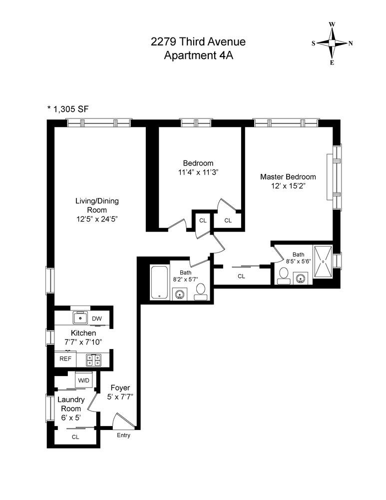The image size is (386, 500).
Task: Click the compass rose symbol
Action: (332, 43)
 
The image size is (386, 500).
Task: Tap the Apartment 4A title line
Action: (198, 54)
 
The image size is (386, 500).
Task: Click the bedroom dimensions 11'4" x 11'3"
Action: (198, 172)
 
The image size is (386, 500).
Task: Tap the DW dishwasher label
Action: (97, 318)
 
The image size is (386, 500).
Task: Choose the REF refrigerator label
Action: (65, 358)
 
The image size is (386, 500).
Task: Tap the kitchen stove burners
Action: (93, 358)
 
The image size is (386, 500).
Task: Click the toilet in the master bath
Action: (283, 275)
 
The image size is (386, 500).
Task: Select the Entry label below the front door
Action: (123, 435)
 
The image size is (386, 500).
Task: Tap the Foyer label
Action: (120, 388)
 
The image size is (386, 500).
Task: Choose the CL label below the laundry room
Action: (75, 436)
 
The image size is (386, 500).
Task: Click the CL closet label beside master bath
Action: (241, 275)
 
